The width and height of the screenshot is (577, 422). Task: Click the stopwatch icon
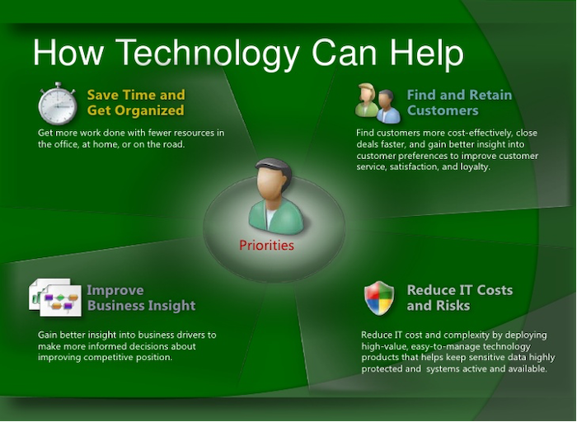[x=57, y=104]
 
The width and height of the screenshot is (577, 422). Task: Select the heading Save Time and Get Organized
[x=136, y=102]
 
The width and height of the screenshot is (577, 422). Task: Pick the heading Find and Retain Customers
[x=459, y=102]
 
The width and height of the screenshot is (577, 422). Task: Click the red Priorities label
[x=266, y=245]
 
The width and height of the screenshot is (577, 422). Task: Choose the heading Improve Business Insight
[x=141, y=298]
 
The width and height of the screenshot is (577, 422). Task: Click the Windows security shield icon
[x=379, y=298]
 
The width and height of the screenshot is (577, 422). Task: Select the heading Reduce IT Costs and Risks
[x=459, y=298]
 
